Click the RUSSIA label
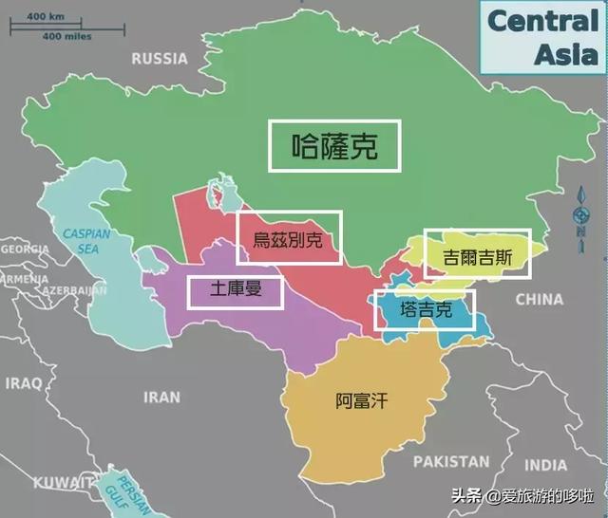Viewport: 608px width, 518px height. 159,59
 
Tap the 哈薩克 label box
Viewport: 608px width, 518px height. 334,145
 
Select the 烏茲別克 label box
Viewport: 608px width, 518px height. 287,238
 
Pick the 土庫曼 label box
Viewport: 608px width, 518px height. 235,291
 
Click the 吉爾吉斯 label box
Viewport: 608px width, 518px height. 476,253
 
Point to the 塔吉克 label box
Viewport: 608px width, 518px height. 424,309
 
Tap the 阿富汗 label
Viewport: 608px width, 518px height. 362,401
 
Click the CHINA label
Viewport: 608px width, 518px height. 539,300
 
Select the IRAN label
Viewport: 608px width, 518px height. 161,397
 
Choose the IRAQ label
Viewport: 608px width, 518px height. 23,382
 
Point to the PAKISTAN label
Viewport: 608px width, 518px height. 451,462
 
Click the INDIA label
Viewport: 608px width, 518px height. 545,465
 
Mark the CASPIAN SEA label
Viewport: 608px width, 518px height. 87,241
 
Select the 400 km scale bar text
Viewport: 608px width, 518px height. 43,17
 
